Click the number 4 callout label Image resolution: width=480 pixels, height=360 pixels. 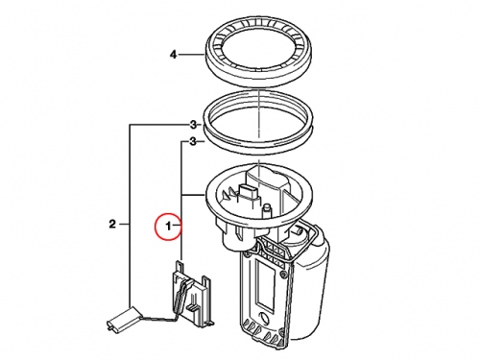point(173,55)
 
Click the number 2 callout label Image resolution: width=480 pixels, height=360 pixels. point(112,224)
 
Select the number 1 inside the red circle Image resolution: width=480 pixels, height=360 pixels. point(169,227)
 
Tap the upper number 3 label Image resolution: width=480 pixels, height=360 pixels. point(193,125)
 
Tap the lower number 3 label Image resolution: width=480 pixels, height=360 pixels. point(193,141)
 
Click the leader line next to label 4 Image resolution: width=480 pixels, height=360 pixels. point(191,55)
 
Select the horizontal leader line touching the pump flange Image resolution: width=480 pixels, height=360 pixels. point(193,194)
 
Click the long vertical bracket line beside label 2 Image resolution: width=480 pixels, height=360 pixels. point(130,215)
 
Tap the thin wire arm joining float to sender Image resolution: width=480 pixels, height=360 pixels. point(160,318)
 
